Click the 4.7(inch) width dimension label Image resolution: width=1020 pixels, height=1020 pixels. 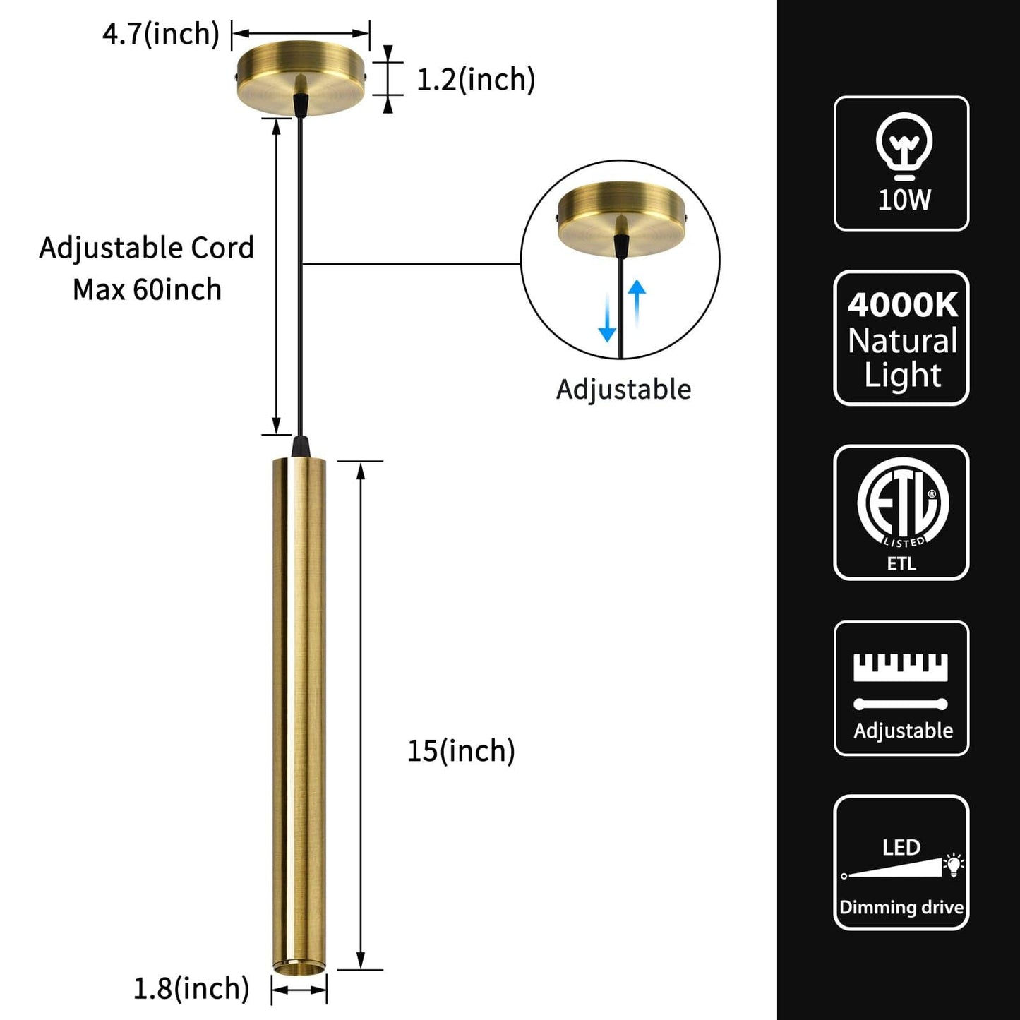(x=161, y=34)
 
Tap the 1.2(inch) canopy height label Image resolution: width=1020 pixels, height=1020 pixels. (x=476, y=79)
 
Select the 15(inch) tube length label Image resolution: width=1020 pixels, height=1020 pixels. (x=461, y=750)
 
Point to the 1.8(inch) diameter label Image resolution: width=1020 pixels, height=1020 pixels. (x=191, y=988)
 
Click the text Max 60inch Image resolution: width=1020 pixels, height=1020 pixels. (x=147, y=289)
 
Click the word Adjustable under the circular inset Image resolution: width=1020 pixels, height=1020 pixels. (x=623, y=390)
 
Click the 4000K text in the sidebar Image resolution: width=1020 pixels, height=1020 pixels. (x=903, y=305)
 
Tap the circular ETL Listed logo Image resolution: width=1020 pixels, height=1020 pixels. (x=903, y=502)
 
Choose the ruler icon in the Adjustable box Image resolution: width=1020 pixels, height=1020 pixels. (x=901, y=667)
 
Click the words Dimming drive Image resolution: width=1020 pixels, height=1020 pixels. (x=901, y=907)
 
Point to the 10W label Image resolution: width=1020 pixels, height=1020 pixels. (x=904, y=200)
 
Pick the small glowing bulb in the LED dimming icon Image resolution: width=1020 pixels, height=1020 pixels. (x=954, y=863)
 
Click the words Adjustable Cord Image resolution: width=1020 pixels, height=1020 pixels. (x=147, y=248)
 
